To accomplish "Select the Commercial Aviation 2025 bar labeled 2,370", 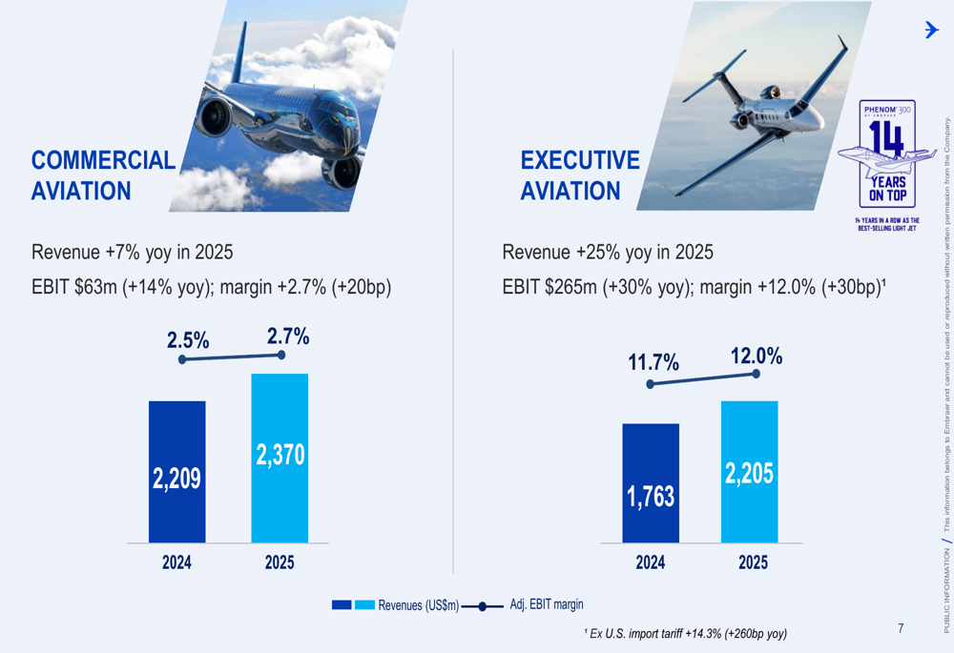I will coord(280,458).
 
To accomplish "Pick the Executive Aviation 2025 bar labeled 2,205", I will coord(749,472).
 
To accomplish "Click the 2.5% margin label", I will coord(188,339).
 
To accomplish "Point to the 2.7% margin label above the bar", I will coord(288,336).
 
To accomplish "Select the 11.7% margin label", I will coord(653,363).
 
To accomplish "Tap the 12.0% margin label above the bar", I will coord(757,356).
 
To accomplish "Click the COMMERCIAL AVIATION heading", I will coord(103,175).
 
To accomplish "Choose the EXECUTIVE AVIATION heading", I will coord(580,175).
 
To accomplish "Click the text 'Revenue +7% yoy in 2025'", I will coord(133,253).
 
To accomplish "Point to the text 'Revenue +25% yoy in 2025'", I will coord(608,253).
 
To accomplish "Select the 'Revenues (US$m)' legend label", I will coord(418,604).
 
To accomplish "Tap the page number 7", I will coord(901,628).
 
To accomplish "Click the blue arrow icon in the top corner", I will coord(931,30).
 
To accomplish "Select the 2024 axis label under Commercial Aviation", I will coord(176,562).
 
